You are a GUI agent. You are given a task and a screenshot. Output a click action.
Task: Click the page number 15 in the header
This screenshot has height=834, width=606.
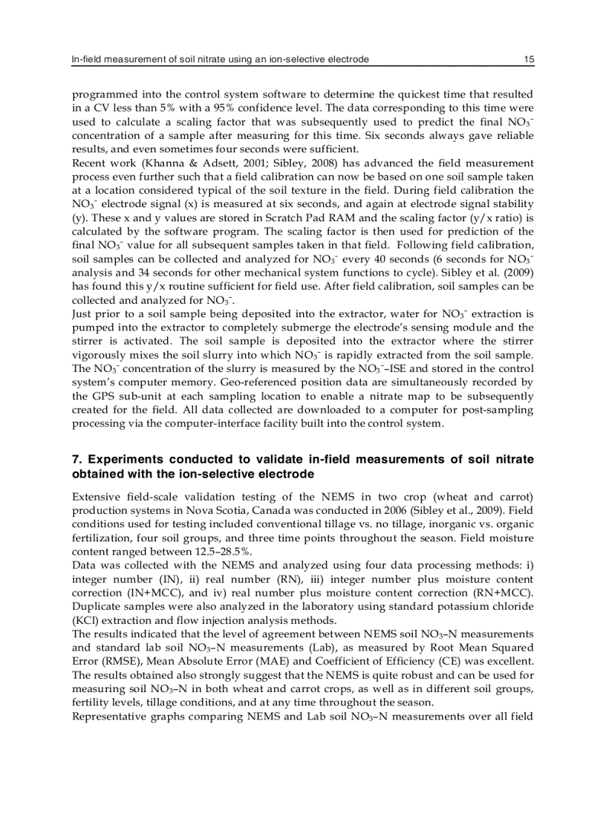528,59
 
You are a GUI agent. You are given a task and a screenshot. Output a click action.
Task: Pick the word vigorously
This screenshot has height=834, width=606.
100,354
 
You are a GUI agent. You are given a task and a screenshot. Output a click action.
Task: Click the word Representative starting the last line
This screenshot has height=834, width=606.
109,716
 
